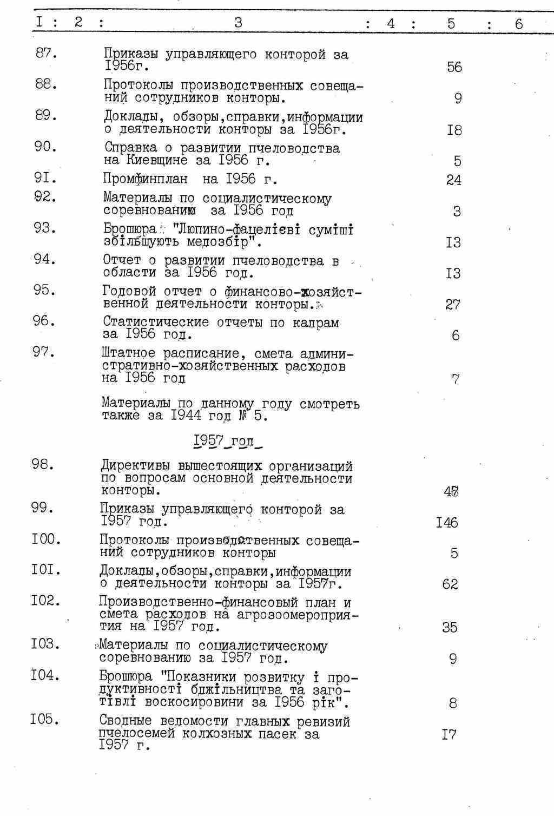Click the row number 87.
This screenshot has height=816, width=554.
pos(46,54)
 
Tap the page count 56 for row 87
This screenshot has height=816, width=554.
pos(454,67)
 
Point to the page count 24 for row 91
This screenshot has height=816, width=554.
pos(454,180)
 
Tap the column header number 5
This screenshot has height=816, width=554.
pos(451,23)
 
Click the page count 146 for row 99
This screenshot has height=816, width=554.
pos(447,523)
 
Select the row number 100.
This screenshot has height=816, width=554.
pos(46,539)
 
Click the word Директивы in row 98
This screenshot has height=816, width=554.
pos(135,466)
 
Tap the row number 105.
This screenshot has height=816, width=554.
pos(46,720)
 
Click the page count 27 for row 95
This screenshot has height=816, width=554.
pos(453,305)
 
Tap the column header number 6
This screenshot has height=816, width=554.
pos(519,24)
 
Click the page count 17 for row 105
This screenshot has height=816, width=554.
pos(449,735)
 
